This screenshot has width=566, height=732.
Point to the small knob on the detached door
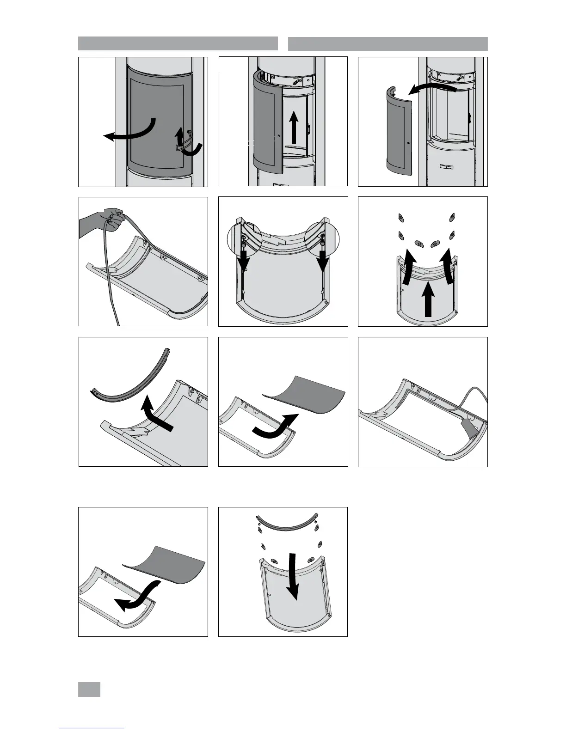tap(409, 143)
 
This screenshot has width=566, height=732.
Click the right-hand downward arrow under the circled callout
tap(323, 262)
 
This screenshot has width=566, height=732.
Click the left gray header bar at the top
tap(178, 43)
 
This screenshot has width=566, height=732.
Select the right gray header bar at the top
tap(388, 43)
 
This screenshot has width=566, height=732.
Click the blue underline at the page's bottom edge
tap(92, 728)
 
